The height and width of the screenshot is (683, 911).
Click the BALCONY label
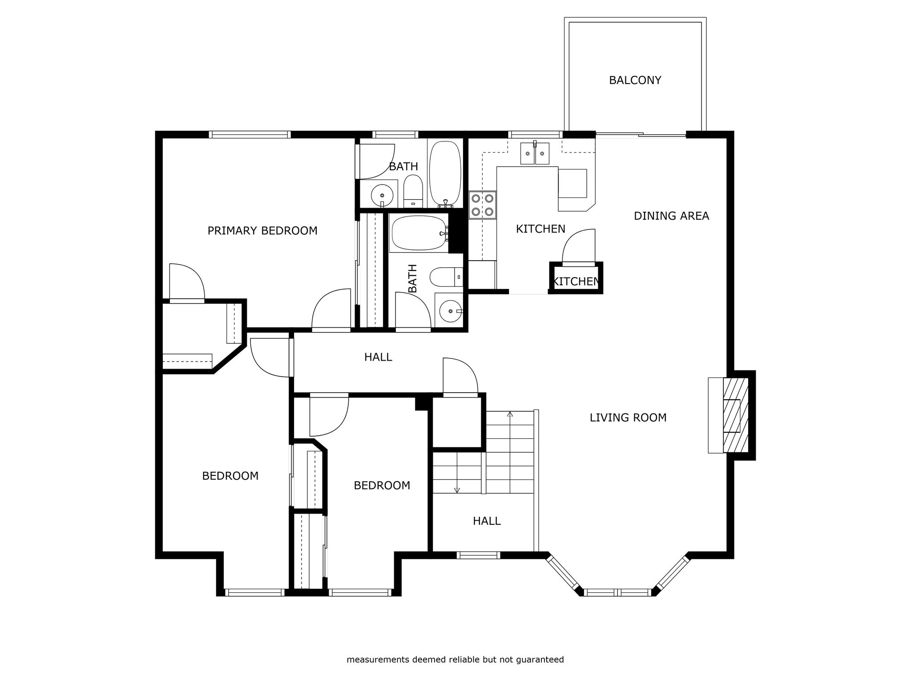click(x=635, y=80)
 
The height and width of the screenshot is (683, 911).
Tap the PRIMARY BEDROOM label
click(x=262, y=231)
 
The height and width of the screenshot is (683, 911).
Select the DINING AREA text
click(x=671, y=216)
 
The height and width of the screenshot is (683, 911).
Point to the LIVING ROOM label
click(x=628, y=418)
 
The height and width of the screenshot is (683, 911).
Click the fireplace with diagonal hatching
click(x=736, y=415)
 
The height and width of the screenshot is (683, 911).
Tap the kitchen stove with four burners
click(x=483, y=205)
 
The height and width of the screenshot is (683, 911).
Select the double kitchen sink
click(x=535, y=153)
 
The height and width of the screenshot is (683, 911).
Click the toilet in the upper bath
click(x=413, y=191)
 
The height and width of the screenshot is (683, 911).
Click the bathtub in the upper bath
click(x=445, y=174)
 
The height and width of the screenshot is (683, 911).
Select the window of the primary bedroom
click(x=250, y=134)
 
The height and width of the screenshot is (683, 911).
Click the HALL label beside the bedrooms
click(x=378, y=357)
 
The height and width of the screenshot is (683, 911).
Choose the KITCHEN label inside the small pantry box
click(x=576, y=281)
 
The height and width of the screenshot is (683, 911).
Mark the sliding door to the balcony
click(x=641, y=134)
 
